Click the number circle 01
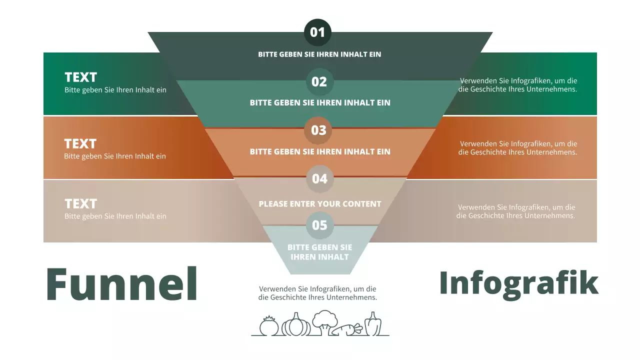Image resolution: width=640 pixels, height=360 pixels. click(x=317, y=32)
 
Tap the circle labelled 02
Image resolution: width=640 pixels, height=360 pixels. click(x=319, y=81)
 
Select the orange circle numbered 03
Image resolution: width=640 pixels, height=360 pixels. click(x=318, y=130)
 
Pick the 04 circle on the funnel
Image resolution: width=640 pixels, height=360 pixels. click(x=319, y=178)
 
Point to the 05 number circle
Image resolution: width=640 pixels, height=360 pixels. click(x=319, y=225)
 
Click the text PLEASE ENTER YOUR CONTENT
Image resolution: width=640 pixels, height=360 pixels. click(x=320, y=204)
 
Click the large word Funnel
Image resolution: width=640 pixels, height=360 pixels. click(x=122, y=283)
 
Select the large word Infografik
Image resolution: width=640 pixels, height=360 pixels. click(x=518, y=283)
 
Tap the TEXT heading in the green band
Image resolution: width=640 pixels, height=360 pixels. click(x=81, y=77)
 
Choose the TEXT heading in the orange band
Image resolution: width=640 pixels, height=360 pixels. click(x=80, y=144)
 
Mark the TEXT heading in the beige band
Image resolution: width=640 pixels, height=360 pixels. click(x=81, y=204)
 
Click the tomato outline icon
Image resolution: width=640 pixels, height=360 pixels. click(x=269, y=326)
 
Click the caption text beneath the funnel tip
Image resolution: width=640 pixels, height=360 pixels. click(x=317, y=293)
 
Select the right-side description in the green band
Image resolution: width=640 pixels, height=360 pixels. click(x=518, y=85)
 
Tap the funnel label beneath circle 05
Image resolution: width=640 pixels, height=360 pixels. click(x=319, y=252)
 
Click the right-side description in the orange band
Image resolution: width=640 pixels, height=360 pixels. click(x=518, y=148)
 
